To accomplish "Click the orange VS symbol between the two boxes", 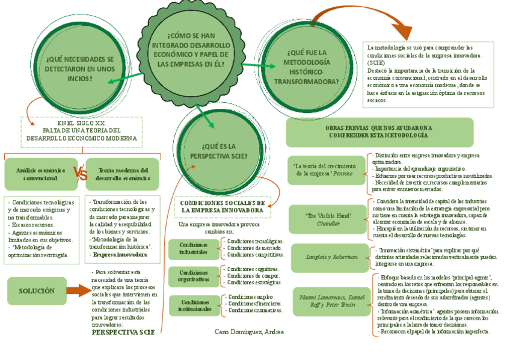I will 81,174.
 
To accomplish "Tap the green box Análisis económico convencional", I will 40,174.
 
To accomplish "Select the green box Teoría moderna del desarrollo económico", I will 122,174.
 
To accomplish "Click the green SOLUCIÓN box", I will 37,291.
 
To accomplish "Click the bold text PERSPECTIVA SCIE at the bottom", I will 123,332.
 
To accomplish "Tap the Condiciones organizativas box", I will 194,276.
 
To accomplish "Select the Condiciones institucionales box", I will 194,305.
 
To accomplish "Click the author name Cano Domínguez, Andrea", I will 249,331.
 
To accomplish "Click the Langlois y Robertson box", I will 328,257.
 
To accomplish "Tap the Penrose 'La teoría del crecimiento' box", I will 328,169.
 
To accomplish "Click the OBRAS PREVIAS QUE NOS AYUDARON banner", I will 379,132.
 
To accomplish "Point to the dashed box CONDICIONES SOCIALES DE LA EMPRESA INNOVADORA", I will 222,207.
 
